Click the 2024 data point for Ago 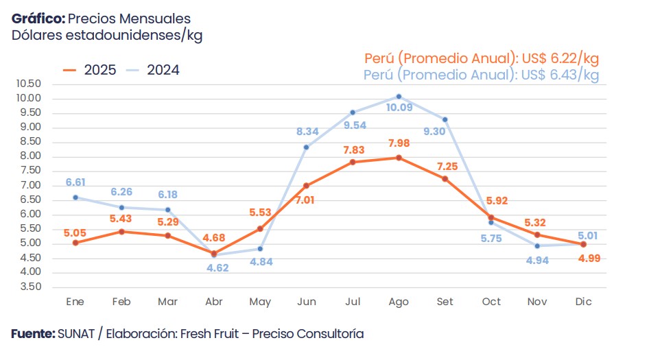399,96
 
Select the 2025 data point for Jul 353,162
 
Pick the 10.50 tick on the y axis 28,84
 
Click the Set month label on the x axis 445,302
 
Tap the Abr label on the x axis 213,302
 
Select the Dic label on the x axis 584,302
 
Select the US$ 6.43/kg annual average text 560,74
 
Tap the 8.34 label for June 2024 307,131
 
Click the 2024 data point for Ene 75,197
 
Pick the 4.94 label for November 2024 537,261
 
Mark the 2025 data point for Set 445,179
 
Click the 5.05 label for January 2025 75,232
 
